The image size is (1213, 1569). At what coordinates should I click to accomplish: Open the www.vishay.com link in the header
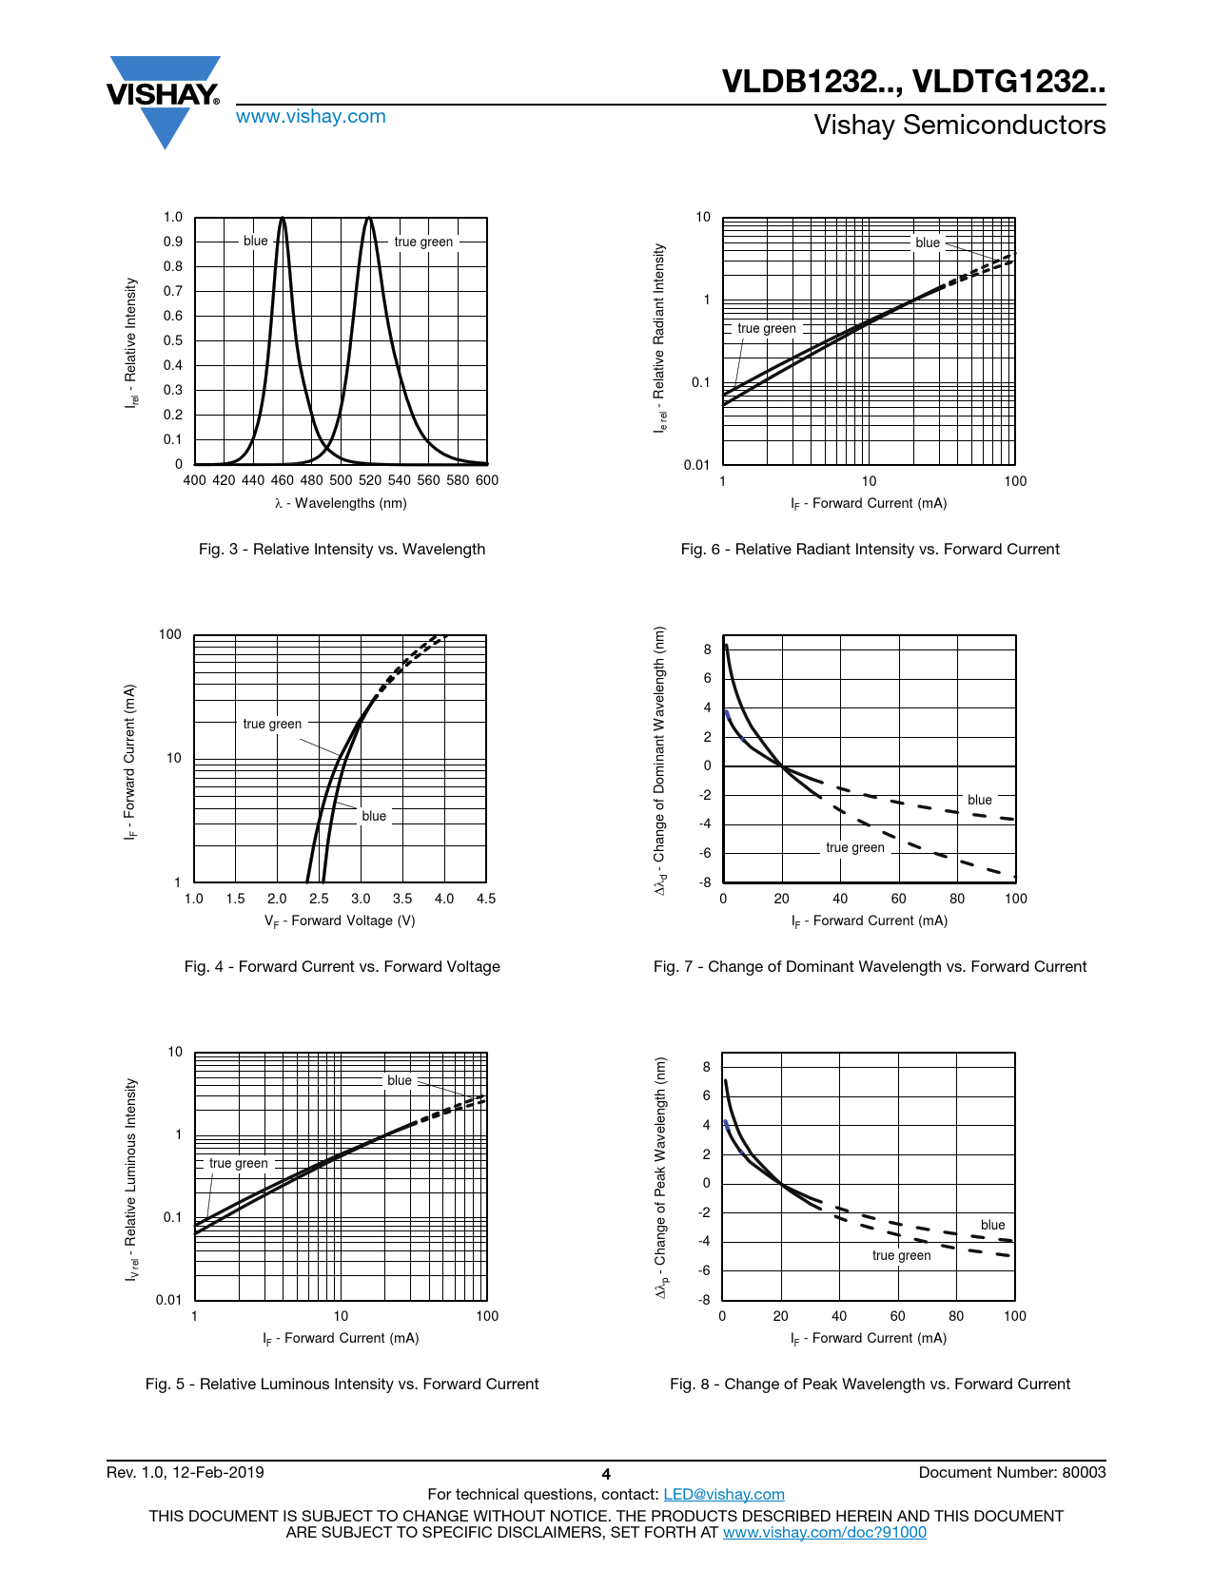point(310,117)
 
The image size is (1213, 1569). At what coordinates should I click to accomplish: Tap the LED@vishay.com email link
point(723,1494)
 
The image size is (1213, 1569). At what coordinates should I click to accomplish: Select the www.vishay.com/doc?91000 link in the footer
point(824,1532)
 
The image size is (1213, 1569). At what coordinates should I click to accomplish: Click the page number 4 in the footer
point(606,1475)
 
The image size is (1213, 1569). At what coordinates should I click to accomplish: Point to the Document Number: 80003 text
point(1011,1472)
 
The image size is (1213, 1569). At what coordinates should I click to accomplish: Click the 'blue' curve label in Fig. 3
point(256,241)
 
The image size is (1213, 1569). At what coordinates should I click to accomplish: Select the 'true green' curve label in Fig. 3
point(423,242)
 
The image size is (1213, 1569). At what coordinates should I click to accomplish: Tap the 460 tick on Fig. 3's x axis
point(283,480)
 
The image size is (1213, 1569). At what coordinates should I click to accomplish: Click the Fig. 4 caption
point(342,966)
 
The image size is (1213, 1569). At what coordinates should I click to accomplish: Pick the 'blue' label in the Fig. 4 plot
point(374,816)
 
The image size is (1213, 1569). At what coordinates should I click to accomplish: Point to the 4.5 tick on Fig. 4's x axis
point(485,899)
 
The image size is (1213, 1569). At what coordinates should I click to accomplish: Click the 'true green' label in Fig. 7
point(854,847)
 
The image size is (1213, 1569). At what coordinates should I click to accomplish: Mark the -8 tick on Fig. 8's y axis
point(705,1299)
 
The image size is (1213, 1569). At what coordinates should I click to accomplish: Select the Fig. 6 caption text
point(870,549)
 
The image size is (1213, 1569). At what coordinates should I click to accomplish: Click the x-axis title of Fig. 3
point(341,503)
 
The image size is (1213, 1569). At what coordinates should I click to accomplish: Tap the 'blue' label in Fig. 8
point(992,1225)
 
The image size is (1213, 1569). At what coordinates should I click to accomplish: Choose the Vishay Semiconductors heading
point(959,126)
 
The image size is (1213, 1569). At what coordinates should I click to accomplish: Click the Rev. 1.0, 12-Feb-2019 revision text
point(186,1472)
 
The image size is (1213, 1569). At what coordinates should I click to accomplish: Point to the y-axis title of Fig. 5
point(132,1178)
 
